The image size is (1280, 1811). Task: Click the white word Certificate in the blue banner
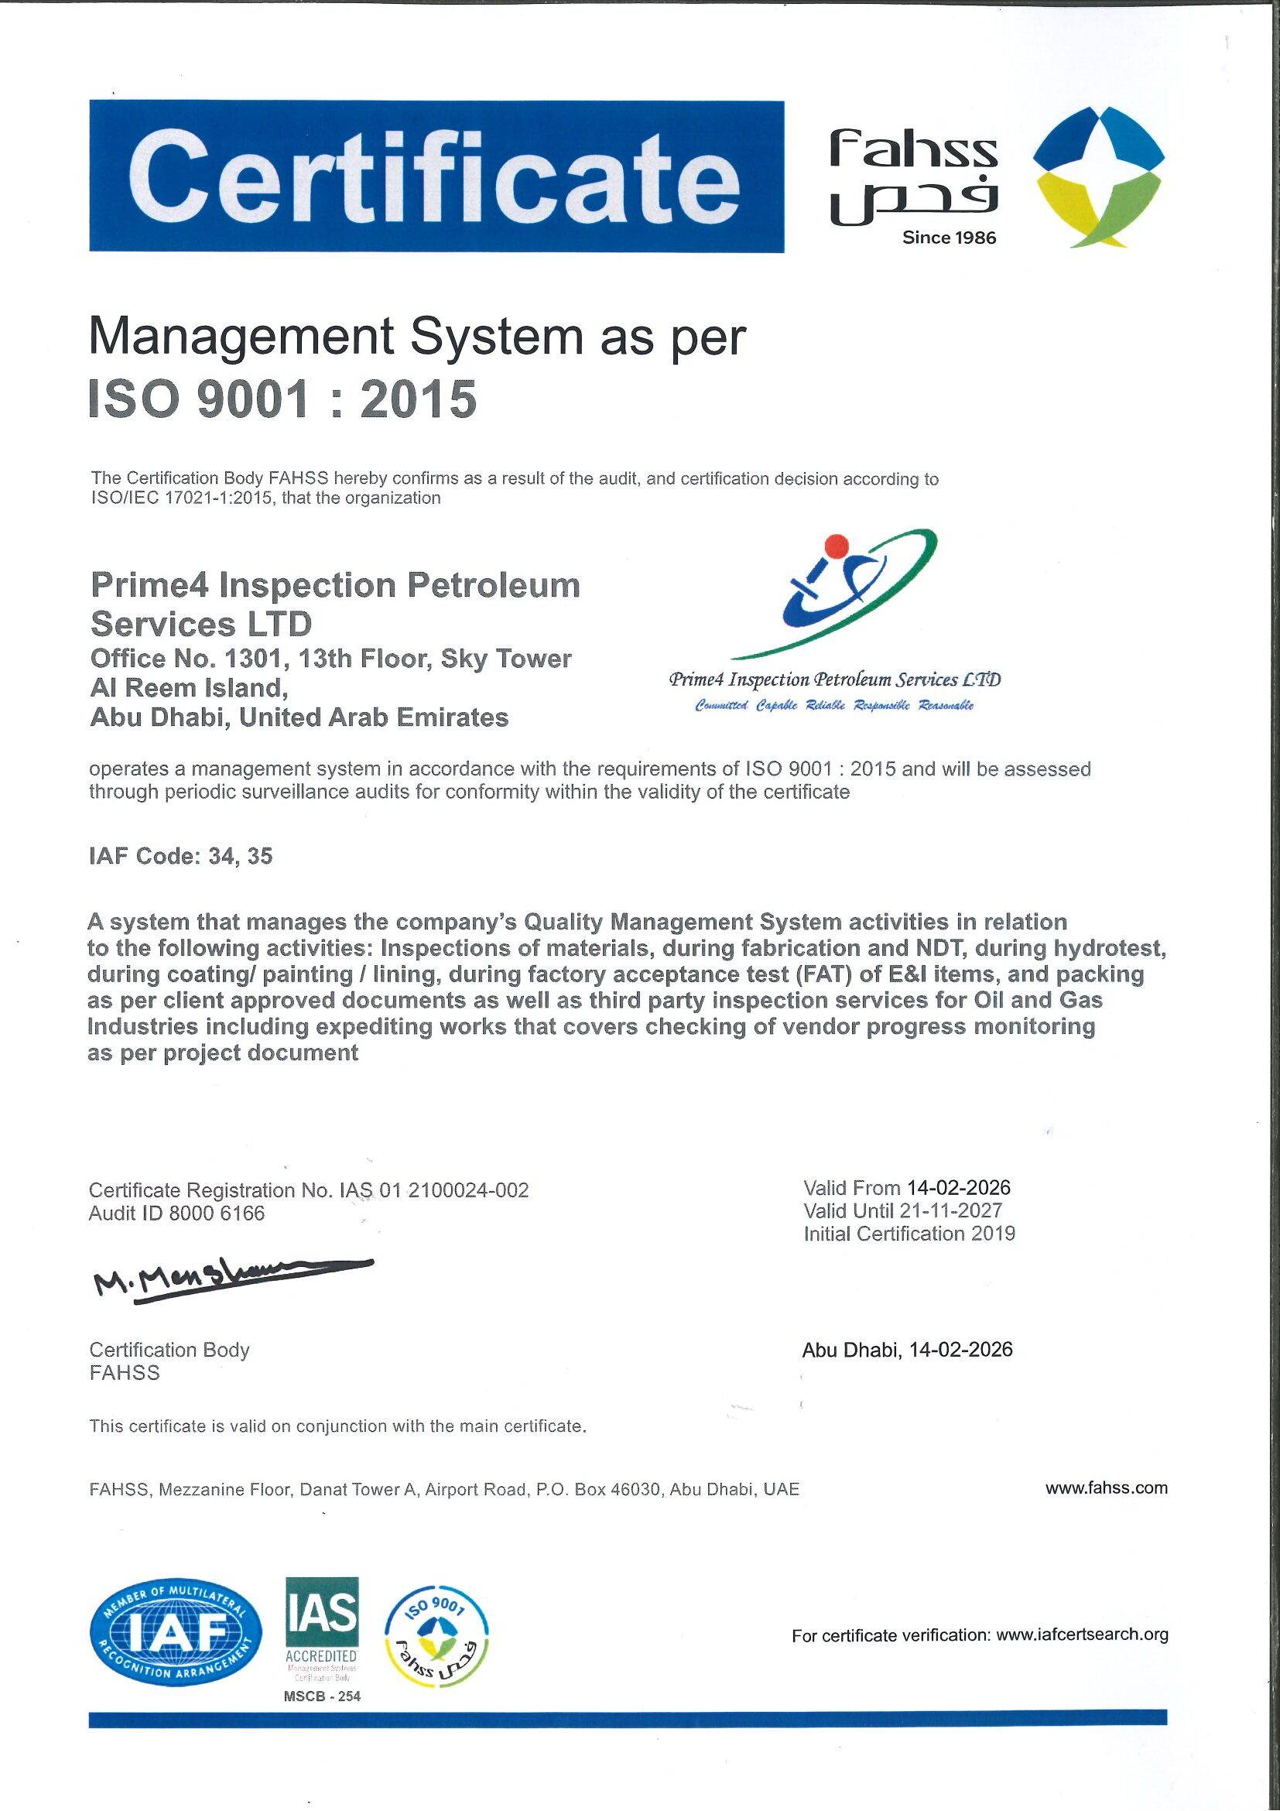tap(436, 177)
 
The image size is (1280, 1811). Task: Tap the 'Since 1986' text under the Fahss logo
tap(949, 238)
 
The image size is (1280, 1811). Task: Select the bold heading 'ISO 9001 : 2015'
tap(282, 399)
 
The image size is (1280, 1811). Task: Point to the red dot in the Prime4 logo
tap(836, 545)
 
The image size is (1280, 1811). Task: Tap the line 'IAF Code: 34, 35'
tap(180, 856)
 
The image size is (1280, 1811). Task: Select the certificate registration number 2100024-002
tap(477, 1190)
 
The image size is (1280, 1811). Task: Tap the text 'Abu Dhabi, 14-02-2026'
tap(907, 1350)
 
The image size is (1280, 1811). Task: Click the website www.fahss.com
tap(1106, 1488)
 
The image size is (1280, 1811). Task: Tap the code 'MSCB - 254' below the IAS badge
tap(322, 1696)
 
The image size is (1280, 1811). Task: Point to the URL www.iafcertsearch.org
tap(1082, 1635)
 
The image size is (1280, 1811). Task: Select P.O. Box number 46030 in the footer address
tap(636, 1489)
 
